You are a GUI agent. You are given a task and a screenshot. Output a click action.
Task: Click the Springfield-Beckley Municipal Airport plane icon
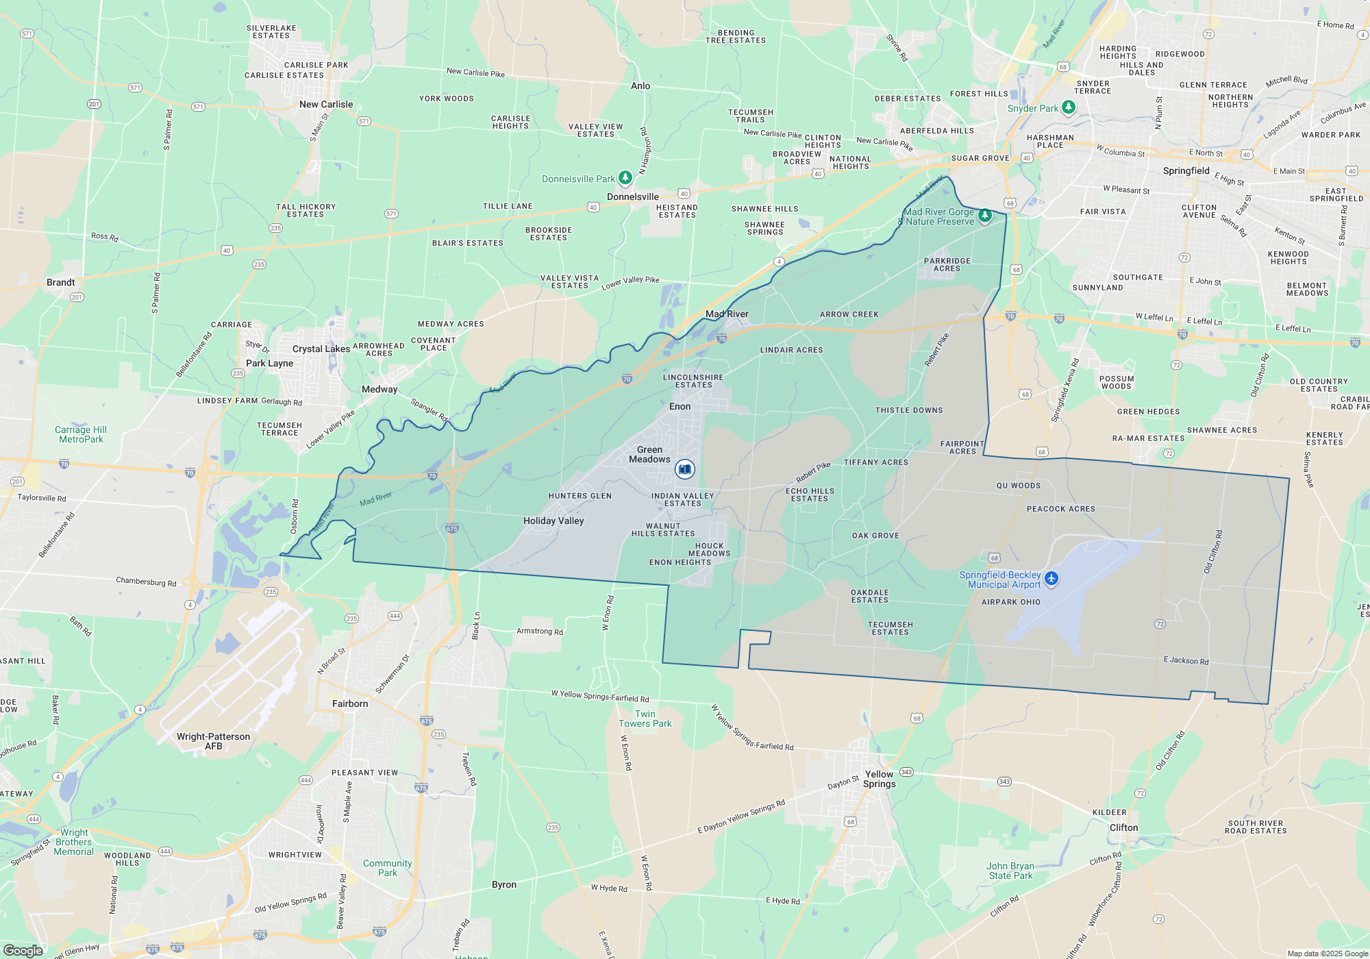pos(1051,579)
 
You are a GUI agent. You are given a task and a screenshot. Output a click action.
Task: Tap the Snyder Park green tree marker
pos(1068,108)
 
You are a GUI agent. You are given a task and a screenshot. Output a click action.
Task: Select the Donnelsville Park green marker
pos(625,178)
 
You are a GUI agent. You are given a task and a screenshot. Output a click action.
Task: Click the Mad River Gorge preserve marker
pos(984,216)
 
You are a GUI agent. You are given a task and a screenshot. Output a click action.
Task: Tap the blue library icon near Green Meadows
pos(684,469)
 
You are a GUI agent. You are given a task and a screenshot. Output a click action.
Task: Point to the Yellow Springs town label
pos(879,779)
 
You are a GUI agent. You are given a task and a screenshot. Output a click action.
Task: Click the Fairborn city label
pos(350,703)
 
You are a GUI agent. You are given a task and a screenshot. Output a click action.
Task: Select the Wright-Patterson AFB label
pos(213,741)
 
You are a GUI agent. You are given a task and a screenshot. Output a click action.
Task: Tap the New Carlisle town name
pos(326,104)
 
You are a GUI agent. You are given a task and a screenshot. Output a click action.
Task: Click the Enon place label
pos(680,406)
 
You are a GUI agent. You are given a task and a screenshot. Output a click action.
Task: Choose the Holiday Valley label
pos(553,521)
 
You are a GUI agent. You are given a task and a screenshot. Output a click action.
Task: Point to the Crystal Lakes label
pos(321,349)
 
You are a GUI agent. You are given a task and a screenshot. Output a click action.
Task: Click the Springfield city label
pos(1186,171)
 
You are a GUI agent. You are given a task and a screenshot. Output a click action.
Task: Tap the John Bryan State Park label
pos(1010,871)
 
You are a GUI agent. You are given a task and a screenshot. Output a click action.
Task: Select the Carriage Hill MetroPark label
pos(81,434)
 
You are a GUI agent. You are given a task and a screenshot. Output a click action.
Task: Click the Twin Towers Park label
pos(645,719)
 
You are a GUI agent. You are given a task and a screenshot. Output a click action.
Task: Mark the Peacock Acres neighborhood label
pos(1060,509)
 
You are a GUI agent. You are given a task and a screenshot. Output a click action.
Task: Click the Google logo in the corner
pos(23,950)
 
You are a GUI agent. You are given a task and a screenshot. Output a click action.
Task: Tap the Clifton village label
pos(1123,827)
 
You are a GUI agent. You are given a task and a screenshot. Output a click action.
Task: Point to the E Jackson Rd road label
pos(1186,660)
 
